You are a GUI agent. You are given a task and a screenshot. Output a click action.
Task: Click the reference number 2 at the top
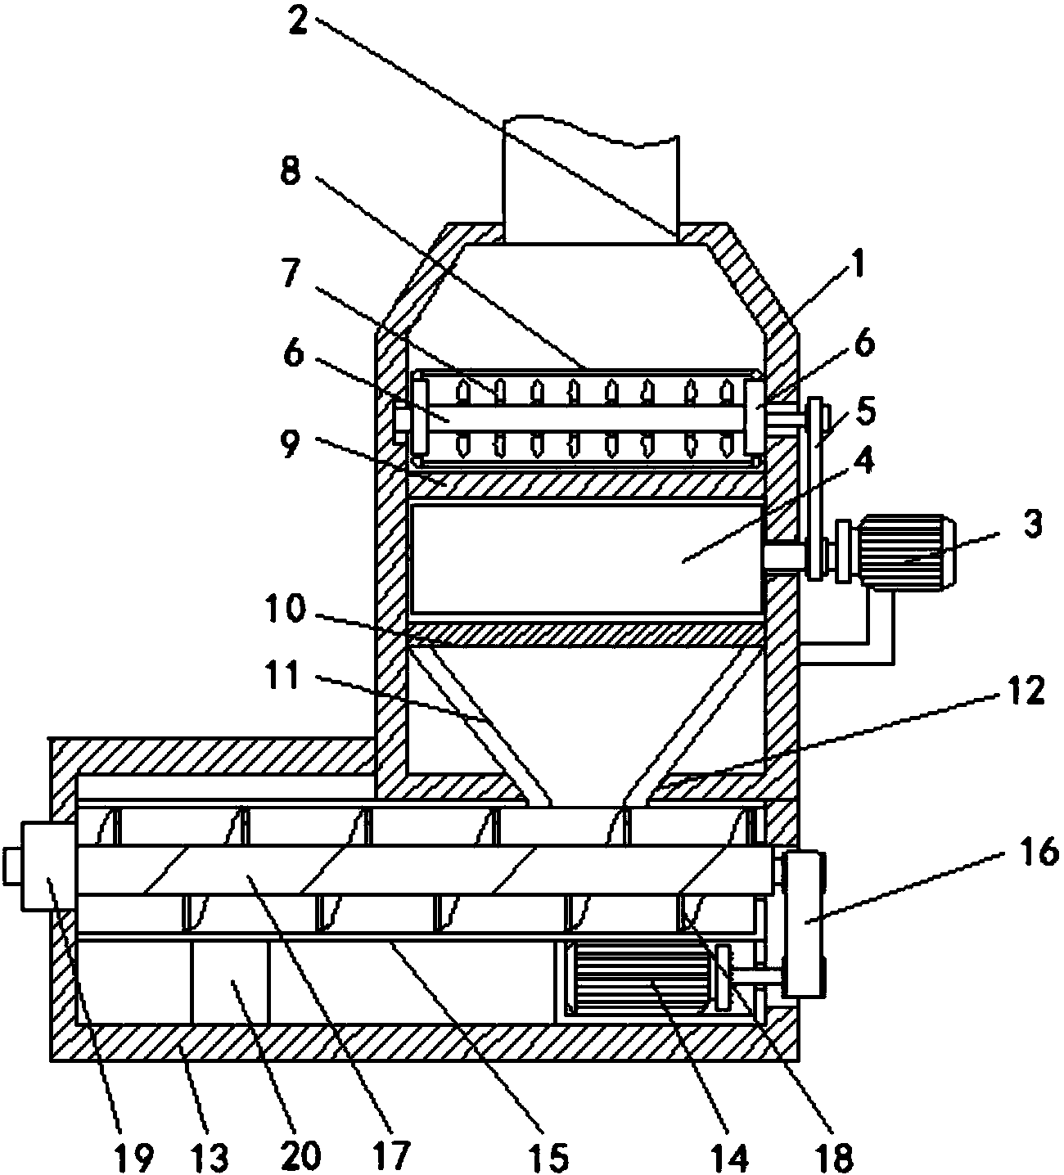[x=297, y=21]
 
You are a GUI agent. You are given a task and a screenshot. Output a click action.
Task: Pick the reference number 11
[x=283, y=678]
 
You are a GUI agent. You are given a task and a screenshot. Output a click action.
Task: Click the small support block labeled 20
[x=230, y=982]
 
